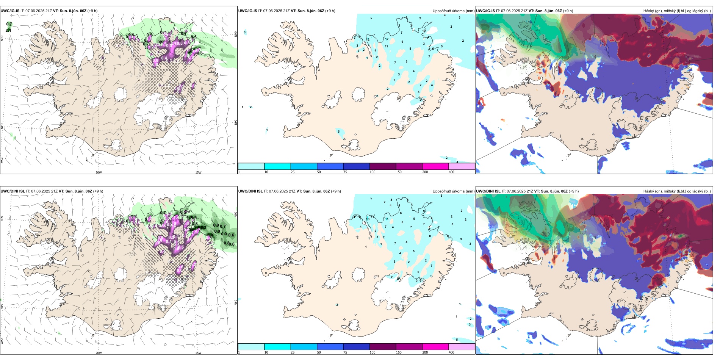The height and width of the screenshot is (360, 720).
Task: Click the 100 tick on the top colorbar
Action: click(x=373, y=172)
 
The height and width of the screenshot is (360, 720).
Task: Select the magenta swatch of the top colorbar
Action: click(x=435, y=166)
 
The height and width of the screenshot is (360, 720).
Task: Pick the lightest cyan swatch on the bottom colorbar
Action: click(x=251, y=346)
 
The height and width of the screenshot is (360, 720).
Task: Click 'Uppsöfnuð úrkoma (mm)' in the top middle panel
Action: click(x=453, y=11)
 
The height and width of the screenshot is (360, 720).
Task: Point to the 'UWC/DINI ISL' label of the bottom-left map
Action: click(x=13, y=191)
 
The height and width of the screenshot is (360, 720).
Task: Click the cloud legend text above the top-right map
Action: click(x=677, y=11)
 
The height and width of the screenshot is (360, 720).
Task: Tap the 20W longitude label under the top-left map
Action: click(x=99, y=172)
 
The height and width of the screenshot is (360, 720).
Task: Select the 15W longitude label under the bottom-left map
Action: click(x=198, y=353)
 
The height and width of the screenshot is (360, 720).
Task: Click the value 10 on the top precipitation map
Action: click(x=424, y=31)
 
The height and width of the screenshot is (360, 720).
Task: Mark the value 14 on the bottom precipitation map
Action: click(x=387, y=219)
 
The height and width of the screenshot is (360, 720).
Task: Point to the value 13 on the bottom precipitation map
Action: click(x=368, y=219)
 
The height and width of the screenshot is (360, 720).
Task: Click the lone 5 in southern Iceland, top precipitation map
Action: click(x=339, y=131)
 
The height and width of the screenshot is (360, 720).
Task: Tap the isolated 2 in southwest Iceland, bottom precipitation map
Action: click(x=337, y=305)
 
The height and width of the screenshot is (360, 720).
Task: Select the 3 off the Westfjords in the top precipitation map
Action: click(x=245, y=33)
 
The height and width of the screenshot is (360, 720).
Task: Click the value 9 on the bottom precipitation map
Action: click(x=424, y=211)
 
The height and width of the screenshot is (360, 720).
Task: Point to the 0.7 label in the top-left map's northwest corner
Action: click(x=9, y=24)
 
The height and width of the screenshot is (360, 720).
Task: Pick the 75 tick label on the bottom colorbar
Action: click(x=345, y=352)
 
